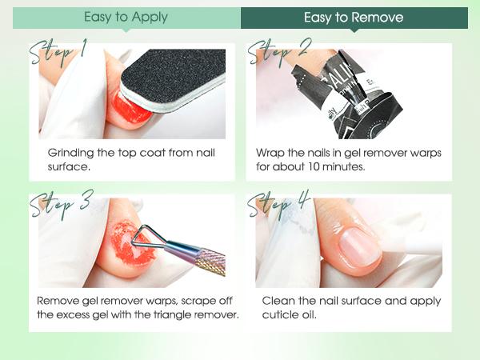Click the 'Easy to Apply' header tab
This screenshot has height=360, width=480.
(126, 18)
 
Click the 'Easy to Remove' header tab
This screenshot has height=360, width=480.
(354, 18)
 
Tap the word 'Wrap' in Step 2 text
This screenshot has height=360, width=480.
(270, 152)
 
